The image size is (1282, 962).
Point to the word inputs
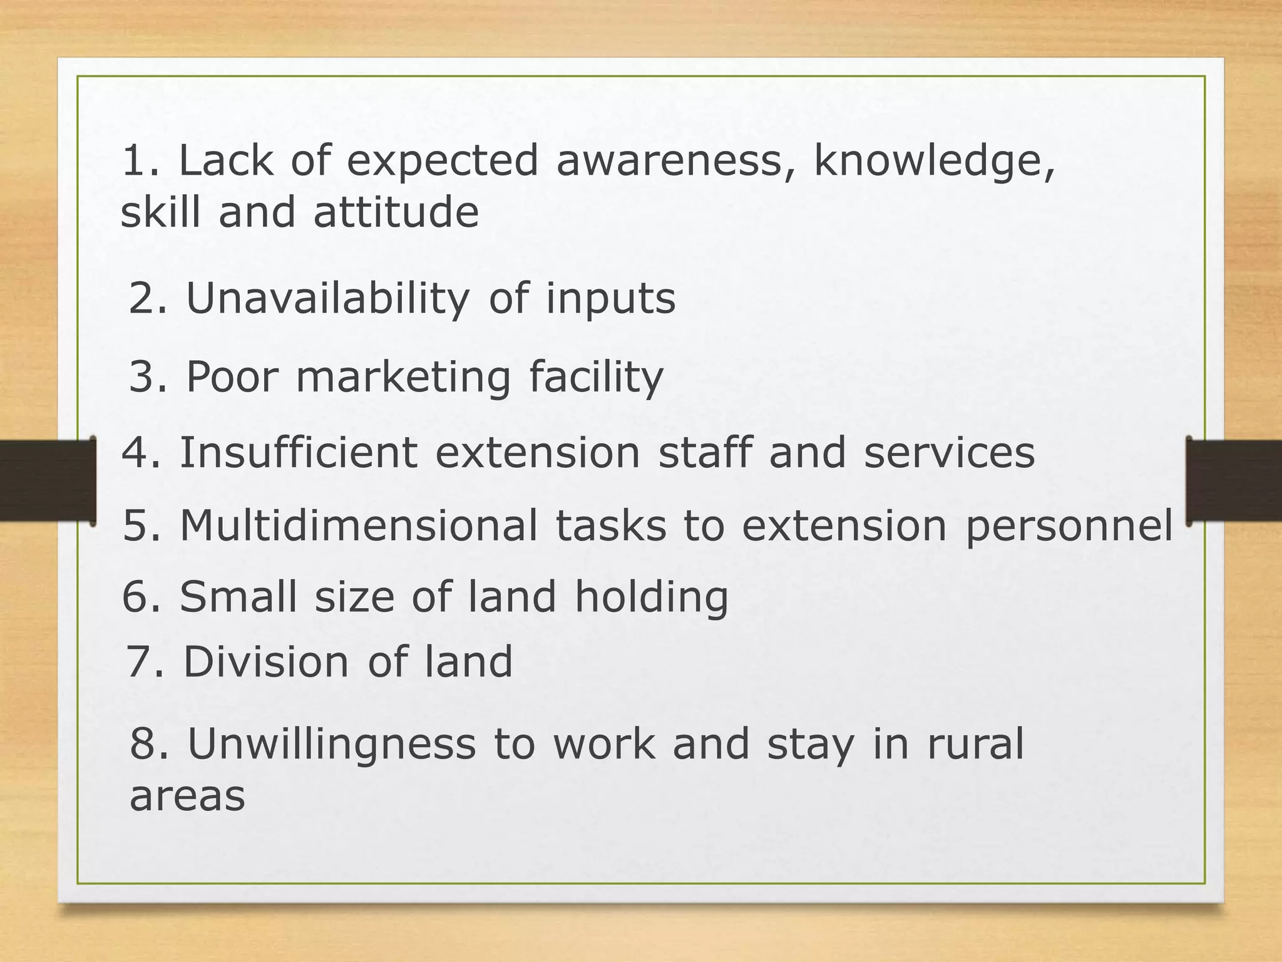coord(610,299)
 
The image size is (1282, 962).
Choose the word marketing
coord(404,378)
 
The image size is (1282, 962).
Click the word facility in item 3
coord(596,378)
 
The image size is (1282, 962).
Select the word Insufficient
coord(299,452)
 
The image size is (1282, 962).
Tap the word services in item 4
coord(949,452)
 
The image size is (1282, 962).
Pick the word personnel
coord(1069,526)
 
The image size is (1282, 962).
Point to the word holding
coord(652,597)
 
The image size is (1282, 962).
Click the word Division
coord(266,662)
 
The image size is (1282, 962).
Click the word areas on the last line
coord(187,796)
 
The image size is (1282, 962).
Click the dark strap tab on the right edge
coord(1233,481)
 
